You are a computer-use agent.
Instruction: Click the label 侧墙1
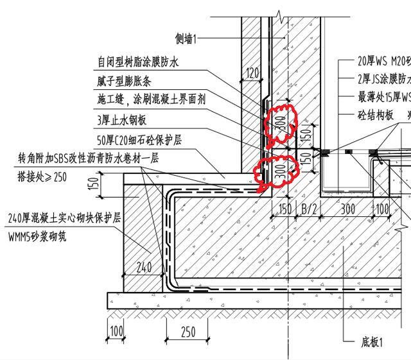[x=186, y=39]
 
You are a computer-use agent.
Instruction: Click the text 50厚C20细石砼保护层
[x=140, y=139]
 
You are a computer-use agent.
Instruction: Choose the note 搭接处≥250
[x=42, y=177]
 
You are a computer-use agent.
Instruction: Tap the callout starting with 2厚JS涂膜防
[x=384, y=80]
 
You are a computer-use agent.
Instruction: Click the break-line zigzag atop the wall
[x=277, y=13]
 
